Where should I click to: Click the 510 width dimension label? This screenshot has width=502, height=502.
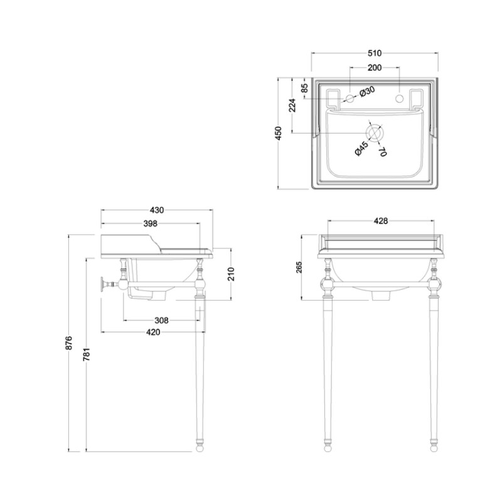point(374,53)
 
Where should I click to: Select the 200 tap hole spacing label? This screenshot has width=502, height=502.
point(374,68)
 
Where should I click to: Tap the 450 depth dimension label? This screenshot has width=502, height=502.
point(278,133)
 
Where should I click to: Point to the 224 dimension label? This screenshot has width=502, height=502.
point(292,105)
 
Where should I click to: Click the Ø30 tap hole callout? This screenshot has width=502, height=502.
point(367,92)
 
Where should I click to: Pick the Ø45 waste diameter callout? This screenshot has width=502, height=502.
point(362,149)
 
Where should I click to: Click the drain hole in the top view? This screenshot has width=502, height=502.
point(375,133)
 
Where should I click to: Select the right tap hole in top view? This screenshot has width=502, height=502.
point(400,98)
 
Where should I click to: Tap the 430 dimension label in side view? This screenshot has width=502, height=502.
point(156,210)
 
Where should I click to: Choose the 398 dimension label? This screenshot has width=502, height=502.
point(150,223)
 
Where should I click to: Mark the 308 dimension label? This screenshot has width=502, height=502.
point(161,320)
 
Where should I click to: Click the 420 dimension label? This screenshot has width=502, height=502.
point(153,333)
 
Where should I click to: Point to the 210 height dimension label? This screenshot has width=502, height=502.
point(231,274)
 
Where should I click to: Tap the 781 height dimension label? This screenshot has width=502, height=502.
point(87,354)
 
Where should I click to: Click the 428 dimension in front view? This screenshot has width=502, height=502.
point(381,221)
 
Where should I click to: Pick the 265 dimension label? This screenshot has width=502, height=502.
point(299,268)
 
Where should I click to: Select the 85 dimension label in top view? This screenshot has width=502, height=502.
point(304,88)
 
